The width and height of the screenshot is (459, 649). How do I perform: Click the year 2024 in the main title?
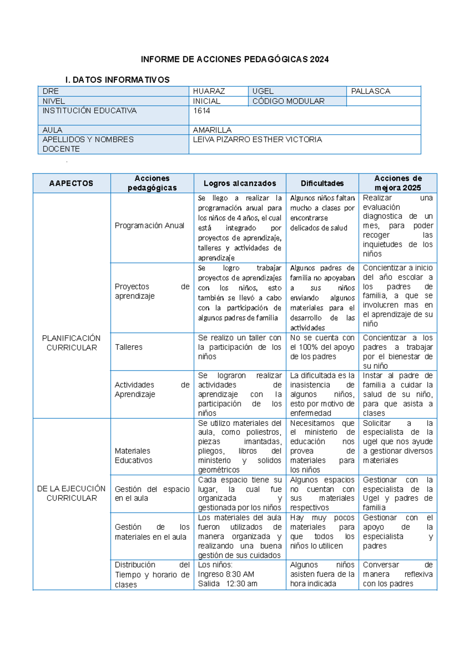coord(319,59)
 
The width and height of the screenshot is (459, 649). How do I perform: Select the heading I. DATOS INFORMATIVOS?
coord(117,80)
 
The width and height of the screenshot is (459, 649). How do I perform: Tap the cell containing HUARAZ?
coord(209,91)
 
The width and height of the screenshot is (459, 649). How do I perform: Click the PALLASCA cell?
coord(371,91)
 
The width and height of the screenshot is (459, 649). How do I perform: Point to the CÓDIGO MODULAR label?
coord(288,101)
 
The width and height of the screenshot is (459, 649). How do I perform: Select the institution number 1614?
coord(202,111)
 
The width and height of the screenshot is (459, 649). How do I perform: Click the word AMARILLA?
coord(212,130)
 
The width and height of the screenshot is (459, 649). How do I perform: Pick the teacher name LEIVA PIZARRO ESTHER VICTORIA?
coord(257,140)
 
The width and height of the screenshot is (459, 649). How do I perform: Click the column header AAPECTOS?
coord(71,183)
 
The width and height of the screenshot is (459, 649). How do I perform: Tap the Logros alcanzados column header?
coord(240,183)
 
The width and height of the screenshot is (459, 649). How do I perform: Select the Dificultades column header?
coord(322,183)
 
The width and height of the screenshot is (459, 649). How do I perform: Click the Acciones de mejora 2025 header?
coord(398,183)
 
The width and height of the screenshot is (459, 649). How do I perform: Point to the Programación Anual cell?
coord(150,226)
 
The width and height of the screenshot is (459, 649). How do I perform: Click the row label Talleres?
coord(129,347)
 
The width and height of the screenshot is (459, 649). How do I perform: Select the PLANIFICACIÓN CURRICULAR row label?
coord(72,343)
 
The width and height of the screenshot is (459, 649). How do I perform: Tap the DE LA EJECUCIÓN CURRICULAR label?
coord(72,493)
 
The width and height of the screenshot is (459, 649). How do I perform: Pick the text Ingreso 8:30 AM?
coord(226,574)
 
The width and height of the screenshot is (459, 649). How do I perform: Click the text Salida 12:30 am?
coord(228,584)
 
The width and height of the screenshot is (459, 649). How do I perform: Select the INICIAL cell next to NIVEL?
coord(207,101)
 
